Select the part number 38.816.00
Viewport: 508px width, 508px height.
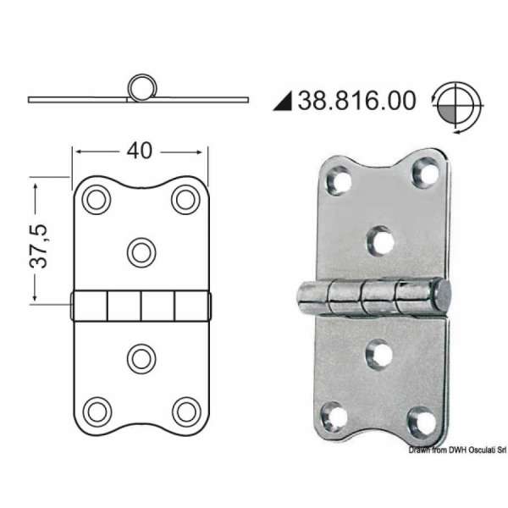(x=356, y=101)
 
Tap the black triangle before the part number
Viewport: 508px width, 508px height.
(x=283, y=102)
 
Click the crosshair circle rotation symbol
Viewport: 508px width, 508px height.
(x=456, y=107)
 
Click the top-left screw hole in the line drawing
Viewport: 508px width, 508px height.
(x=96, y=200)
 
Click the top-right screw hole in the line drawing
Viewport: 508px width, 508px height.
(x=185, y=200)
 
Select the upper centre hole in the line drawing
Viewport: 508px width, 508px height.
(x=141, y=251)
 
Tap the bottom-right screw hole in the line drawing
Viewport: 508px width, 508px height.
(x=185, y=411)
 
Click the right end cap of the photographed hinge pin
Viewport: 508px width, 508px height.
(x=442, y=295)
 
